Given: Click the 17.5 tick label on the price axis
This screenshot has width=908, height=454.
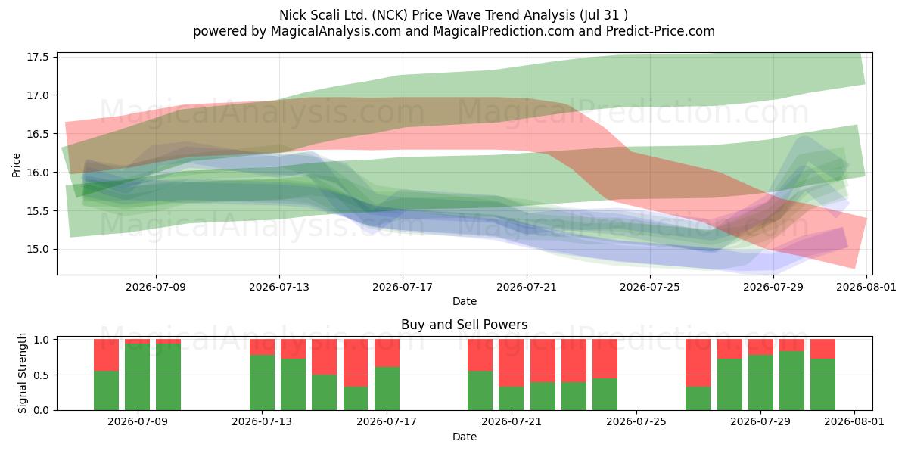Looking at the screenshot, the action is tap(38, 57).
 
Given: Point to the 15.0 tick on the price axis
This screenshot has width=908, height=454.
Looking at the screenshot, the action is tap(38, 249).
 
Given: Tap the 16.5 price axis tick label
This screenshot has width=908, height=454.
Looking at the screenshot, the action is tap(38, 134).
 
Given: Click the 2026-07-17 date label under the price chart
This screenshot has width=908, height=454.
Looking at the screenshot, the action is tap(403, 287).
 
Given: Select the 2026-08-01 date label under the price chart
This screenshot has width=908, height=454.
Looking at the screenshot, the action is tap(866, 287).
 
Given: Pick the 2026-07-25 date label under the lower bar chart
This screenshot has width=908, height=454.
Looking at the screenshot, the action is tap(636, 421).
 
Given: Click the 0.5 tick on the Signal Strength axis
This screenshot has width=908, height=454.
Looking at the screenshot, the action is tap(42, 375).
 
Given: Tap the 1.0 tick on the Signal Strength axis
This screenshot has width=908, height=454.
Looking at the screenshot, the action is tap(42, 340).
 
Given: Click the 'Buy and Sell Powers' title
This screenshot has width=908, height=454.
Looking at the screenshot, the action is tap(465, 325).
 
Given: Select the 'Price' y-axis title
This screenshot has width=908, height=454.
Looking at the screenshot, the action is tap(16, 165).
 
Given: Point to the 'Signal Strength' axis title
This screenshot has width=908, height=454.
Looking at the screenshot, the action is tap(22, 373).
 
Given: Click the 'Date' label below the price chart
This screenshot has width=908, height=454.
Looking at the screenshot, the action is tap(465, 301).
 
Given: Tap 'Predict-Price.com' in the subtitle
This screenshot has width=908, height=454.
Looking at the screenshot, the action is tap(661, 31).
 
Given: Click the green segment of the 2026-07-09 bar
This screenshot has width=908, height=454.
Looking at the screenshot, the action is tap(138, 377).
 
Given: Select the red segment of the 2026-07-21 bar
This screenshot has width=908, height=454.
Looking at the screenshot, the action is tap(512, 363).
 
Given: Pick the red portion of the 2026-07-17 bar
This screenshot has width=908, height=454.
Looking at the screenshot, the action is tap(387, 353).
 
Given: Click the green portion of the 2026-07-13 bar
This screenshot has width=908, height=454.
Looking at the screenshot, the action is tap(262, 383).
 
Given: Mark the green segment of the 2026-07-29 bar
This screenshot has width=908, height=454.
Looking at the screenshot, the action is tap(760, 383).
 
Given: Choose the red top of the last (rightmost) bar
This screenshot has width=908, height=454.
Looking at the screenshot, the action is tap(823, 349).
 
